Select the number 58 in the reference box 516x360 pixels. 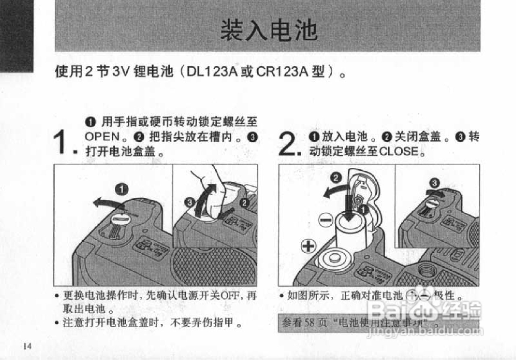pyautogui.click(x=309, y=323)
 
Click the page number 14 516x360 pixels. pyautogui.click(x=27, y=346)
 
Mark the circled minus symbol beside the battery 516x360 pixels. pyautogui.click(x=326, y=220)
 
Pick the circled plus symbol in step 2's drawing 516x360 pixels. pyautogui.click(x=309, y=246)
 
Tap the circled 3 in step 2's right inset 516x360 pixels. pyautogui.click(x=434, y=183)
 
